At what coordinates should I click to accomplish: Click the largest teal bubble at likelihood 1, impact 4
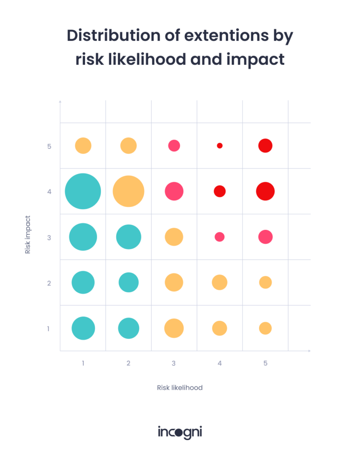pos(83,191)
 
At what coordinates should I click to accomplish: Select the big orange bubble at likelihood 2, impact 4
pos(129,191)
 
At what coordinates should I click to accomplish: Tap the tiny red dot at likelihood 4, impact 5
pos(219,145)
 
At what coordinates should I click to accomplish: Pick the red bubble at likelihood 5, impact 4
pos(265,191)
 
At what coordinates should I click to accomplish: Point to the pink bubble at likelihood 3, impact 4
pos(174,191)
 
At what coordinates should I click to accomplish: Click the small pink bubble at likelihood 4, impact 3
pos(219,237)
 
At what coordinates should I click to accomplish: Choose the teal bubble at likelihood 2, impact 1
pos(129,328)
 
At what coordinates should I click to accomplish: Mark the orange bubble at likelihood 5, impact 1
pos(265,328)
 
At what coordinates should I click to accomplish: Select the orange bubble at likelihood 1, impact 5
pos(83,145)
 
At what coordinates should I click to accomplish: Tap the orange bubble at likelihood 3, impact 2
pos(174,282)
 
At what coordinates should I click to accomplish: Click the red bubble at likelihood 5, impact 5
pos(265,145)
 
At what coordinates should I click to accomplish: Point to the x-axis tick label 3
pos(174,363)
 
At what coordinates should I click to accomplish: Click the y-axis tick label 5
pos(50,146)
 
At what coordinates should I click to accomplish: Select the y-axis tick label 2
pos(50,283)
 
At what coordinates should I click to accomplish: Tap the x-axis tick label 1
pos(83,363)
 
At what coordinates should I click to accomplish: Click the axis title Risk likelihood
pos(180,387)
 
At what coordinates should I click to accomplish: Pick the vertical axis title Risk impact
pos(28,235)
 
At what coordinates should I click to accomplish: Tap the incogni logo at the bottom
pos(180,432)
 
